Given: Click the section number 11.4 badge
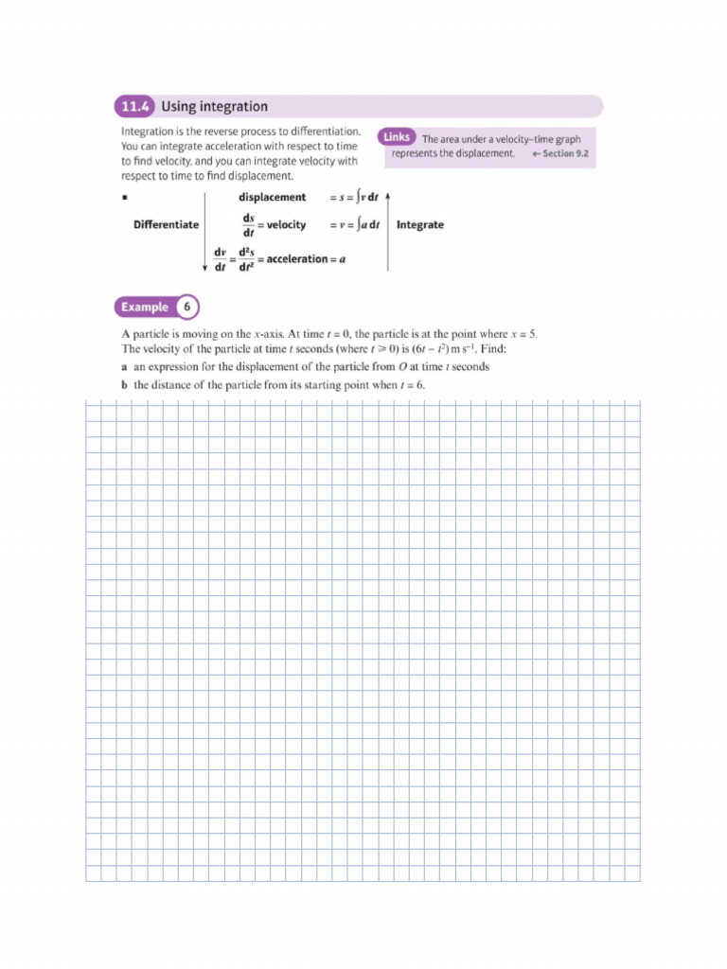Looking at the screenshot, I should [x=134, y=107].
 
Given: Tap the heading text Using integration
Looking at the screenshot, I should [x=214, y=107].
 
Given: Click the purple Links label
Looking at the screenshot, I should [x=397, y=137].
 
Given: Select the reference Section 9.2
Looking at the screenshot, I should [x=566, y=153].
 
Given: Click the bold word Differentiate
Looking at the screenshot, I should [x=166, y=225].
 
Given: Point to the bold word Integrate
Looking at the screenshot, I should [x=419, y=225].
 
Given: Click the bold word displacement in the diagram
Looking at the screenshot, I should [x=272, y=198].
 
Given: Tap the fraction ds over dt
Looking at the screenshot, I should [x=248, y=225].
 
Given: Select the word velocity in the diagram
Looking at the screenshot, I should [x=286, y=225].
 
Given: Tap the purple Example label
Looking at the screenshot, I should [x=145, y=307].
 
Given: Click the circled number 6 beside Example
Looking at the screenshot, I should [x=187, y=307].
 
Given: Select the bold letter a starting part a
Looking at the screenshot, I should [x=125, y=367].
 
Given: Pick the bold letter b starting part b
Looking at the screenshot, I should [x=125, y=385].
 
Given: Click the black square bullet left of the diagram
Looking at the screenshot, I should [x=124, y=198].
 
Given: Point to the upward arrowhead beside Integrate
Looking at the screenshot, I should [x=388, y=195].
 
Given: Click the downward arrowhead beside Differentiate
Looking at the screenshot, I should [x=205, y=267].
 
